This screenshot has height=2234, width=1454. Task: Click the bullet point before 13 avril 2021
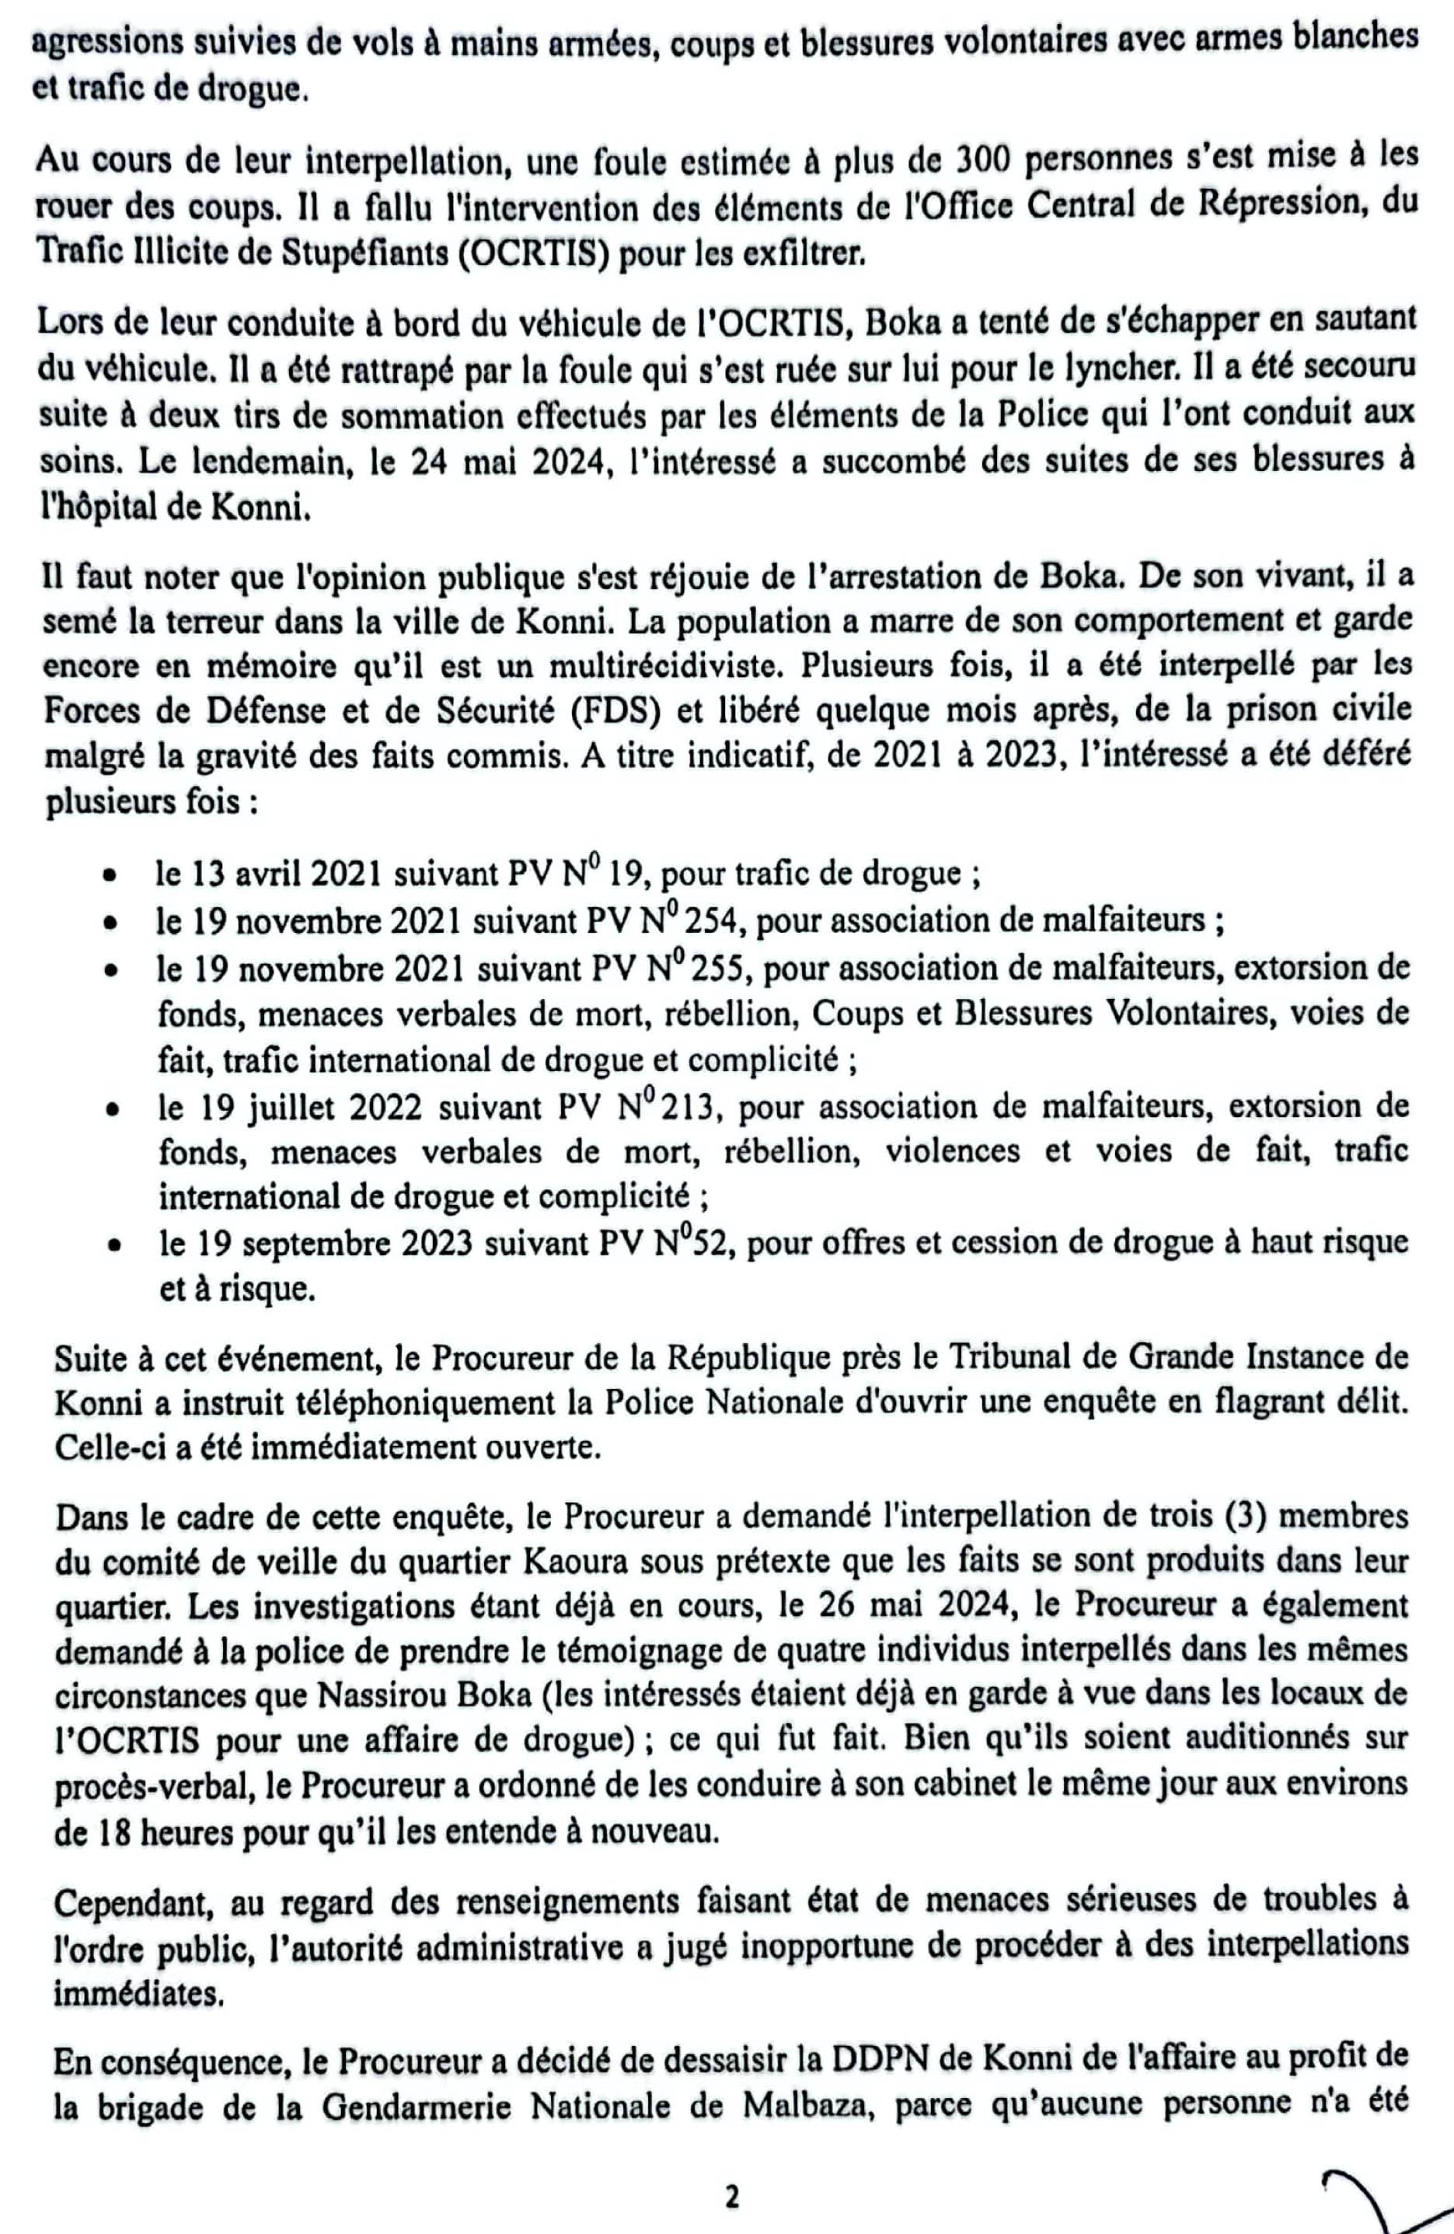coord(111,877)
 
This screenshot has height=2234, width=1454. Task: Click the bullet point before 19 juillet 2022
coord(112,1111)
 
